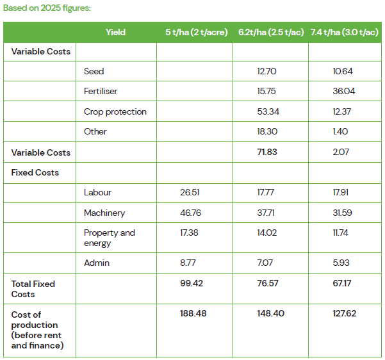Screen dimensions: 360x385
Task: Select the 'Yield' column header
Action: (x=115, y=32)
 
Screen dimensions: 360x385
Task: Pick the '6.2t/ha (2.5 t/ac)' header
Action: (x=270, y=32)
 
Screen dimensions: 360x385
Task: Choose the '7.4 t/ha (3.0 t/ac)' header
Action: (x=344, y=32)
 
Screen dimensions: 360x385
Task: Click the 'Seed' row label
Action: (x=94, y=71)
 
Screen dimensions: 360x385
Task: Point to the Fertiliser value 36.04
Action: (x=343, y=92)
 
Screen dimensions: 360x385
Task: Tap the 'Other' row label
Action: (x=95, y=131)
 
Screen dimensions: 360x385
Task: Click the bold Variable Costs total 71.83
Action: (x=268, y=152)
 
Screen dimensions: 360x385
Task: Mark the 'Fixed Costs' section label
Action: (x=35, y=172)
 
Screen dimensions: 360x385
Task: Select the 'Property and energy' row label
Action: (x=109, y=238)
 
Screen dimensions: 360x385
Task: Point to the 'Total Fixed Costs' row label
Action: (x=33, y=289)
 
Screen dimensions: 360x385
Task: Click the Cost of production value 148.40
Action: (x=270, y=313)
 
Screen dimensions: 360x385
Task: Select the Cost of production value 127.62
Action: (x=343, y=313)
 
